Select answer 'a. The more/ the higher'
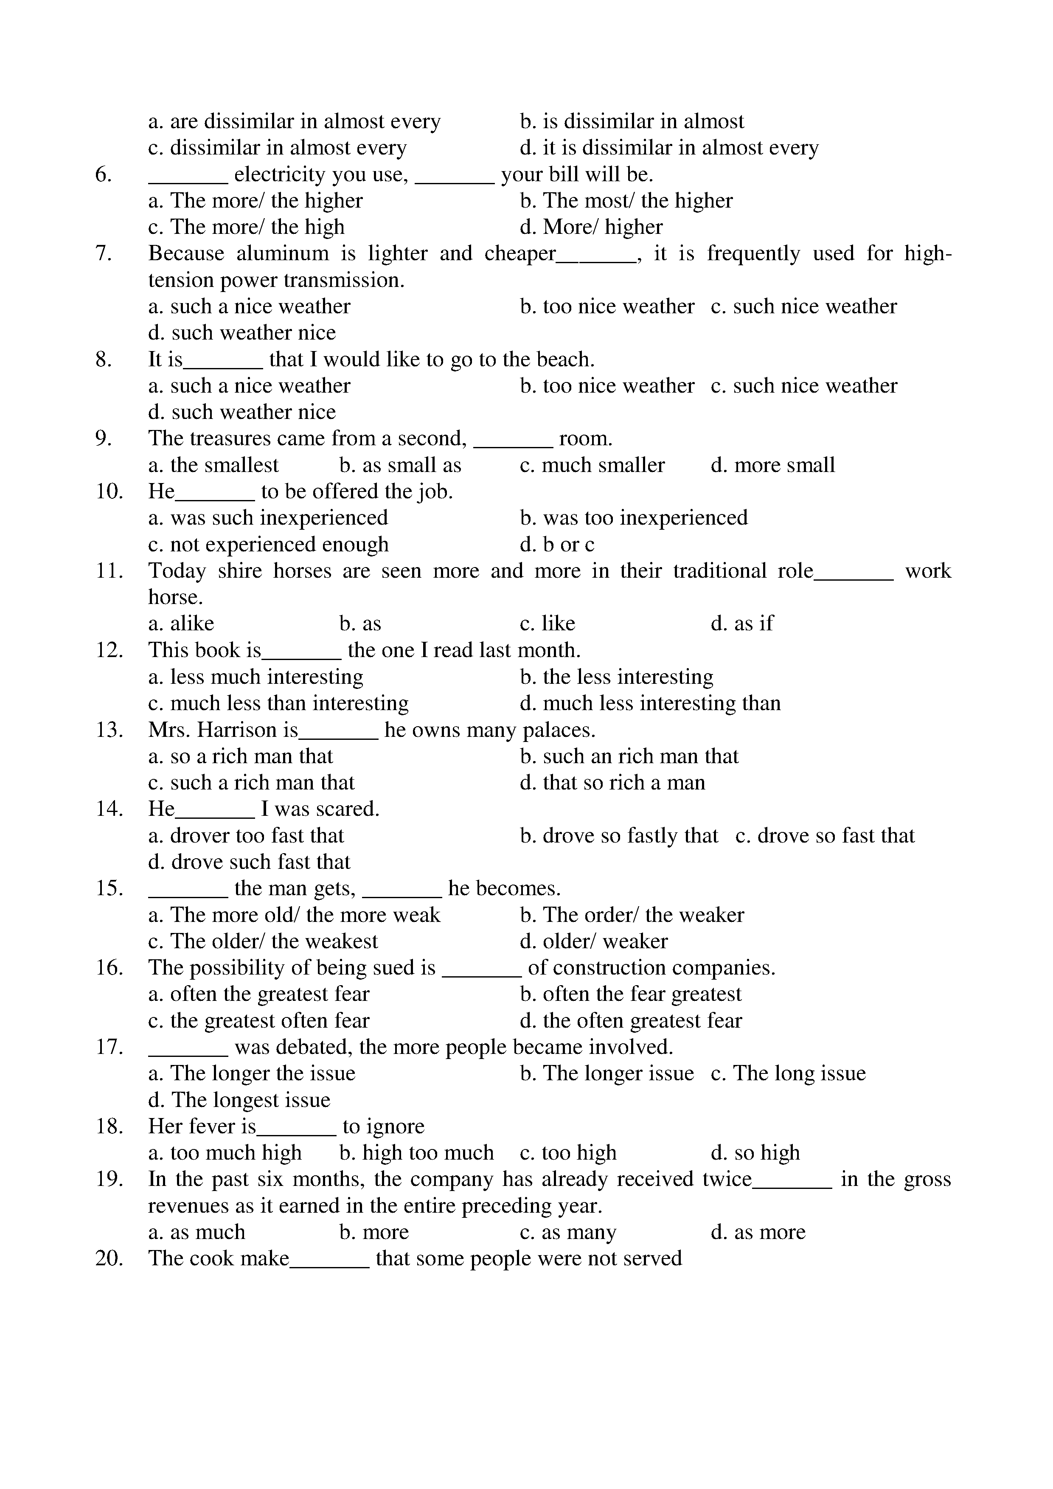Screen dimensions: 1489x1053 coord(256,201)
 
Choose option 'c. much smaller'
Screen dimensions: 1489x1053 coord(592,466)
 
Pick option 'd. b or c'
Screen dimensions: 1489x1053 coord(557,545)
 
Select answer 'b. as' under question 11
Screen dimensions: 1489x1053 coord(360,624)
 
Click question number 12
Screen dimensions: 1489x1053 coord(109,650)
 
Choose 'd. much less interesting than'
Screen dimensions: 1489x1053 coord(650,704)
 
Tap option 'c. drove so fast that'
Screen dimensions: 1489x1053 coord(825,836)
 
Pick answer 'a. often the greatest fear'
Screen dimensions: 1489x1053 coord(259,994)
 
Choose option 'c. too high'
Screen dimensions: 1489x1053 coord(568,1153)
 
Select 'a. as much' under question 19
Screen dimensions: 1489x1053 coord(197,1232)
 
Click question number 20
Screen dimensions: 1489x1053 coord(109,1259)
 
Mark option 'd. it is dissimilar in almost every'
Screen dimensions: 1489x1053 coord(669,149)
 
